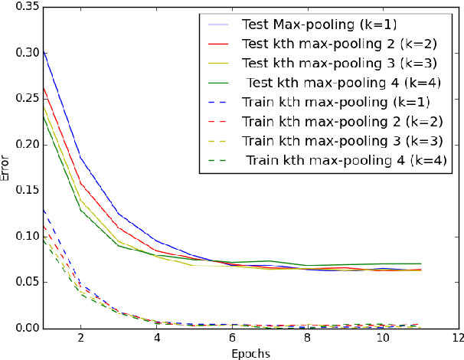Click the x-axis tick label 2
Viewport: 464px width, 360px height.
[x=80, y=339]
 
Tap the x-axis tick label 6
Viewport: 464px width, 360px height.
[x=232, y=339]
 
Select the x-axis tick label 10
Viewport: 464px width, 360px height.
[x=383, y=339]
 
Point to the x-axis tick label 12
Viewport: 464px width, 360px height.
[x=458, y=339]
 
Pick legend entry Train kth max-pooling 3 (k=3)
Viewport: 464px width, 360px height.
[x=345, y=142]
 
